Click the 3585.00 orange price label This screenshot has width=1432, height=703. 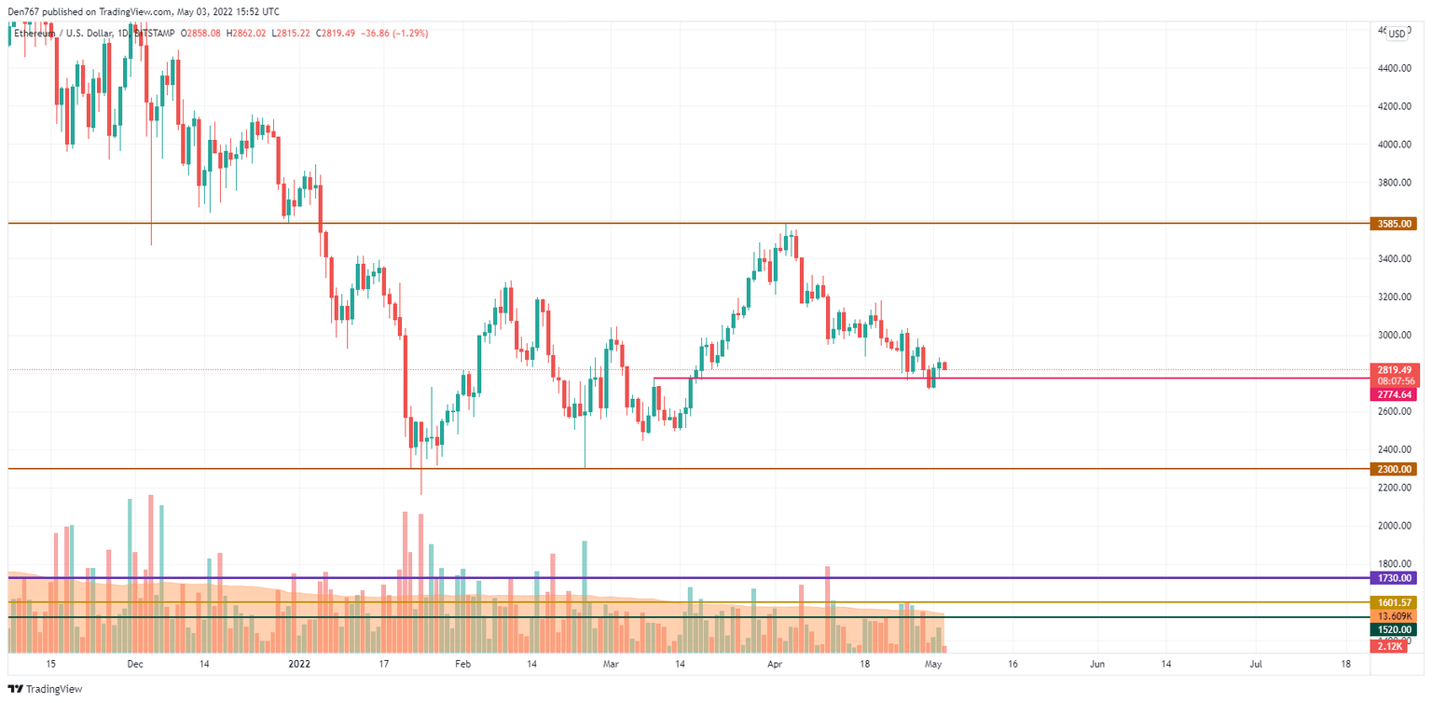(x=1393, y=224)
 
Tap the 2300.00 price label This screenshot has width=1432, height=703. (x=1393, y=469)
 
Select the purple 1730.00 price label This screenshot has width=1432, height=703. (x=1393, y=578)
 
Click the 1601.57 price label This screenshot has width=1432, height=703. (x=1393, y=603)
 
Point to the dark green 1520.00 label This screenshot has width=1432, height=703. (x=1393, y=630)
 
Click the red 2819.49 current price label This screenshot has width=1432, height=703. (x=1393, y=369)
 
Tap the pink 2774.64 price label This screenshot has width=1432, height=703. (x=1393, y=395)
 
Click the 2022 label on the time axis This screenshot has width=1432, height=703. (x=299, y=665)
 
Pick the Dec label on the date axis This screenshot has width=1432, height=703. (x=134, y=665)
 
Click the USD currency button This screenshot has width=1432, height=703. (x=1396, y=34)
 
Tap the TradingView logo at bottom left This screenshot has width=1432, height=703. (x=46, y=689)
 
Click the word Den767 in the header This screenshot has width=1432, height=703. (x=22, y=12)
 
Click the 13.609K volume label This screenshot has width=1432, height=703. (x=1393, y=616)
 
